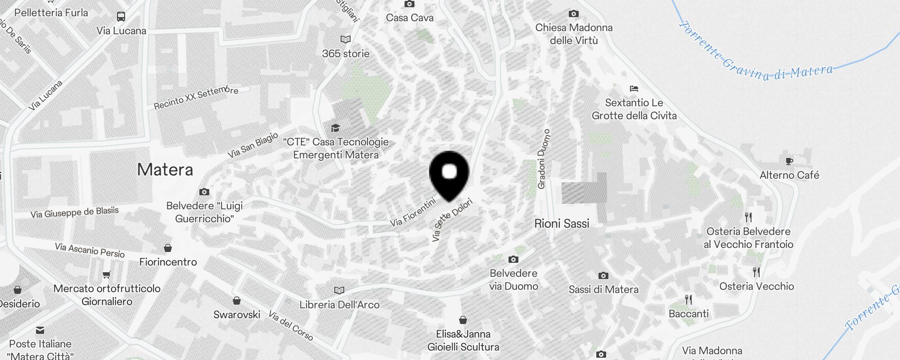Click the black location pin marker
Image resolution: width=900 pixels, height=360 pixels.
coord(449,174)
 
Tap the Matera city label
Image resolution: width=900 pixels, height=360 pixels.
coord(165,170)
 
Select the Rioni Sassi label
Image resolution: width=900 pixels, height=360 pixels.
coord(562,224)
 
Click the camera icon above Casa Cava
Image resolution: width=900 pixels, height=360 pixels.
coord(409,4)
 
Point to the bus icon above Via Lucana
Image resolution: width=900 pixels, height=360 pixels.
coord(121,17)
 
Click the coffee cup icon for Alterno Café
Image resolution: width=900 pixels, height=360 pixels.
coord(789,161)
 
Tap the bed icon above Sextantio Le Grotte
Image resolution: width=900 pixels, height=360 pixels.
coord(634,89)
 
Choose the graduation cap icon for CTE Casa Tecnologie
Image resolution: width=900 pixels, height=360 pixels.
coord(335,128)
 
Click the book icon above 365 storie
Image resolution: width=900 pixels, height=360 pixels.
coord(346,40)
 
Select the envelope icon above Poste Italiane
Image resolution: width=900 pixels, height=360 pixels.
coord(40,330)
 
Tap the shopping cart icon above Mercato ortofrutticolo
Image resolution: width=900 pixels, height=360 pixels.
coord(107,275)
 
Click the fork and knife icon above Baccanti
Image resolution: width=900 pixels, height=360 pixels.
coord(688,300)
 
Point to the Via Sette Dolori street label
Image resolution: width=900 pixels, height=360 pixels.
coord(452,220)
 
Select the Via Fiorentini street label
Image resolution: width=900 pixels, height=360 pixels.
coord(413,212)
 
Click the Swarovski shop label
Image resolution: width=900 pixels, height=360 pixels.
coord(237,315)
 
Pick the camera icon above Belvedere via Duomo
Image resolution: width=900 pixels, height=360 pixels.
coord(513,259)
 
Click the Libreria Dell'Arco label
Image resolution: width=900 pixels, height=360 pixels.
coord(340,305)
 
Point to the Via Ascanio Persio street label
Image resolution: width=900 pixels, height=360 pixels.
coord(90,250)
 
